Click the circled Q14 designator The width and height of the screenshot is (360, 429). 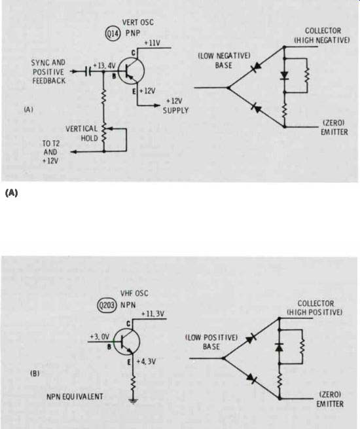pos(113,33)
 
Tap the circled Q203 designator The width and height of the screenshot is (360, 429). pos(107,305)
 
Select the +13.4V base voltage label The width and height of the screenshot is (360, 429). pos(104,65)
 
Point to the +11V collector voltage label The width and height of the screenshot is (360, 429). pos(152,43)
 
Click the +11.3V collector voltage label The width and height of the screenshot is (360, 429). pos(153,314)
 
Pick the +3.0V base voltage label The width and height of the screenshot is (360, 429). pos(99,337)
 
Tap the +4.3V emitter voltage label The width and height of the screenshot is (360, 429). pos(146,362)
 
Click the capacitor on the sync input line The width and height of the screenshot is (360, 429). pos(88,71)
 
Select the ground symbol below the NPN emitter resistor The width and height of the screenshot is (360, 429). pos(133,401)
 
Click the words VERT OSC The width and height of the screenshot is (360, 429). pos(137,22)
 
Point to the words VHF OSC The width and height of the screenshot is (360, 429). pos(134,293)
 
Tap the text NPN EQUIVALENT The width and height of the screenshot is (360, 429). pos(75,397)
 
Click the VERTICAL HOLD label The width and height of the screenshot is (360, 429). pos(81,133)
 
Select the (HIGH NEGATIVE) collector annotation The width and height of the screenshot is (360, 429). pos(322,40)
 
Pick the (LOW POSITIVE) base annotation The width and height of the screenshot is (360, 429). pos(211,337)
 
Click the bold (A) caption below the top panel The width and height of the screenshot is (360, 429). pos(11,193)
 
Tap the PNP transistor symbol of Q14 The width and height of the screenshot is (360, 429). pos(131,71)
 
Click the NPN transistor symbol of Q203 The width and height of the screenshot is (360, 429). pos(127,342)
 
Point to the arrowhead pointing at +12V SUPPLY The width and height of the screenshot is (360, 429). pos(156,105)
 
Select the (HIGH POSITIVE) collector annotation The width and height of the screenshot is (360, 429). pos(314,312)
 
